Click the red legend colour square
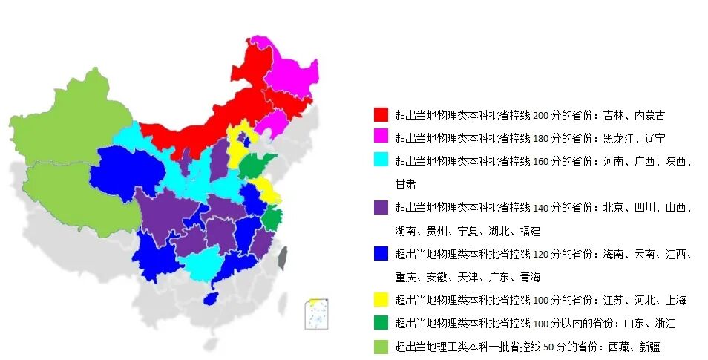(x=381, y=115)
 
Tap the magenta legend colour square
(x=381, y=137)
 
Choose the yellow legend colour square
(x=381, y=300)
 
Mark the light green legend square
(x=381, y=345)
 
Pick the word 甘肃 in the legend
(x=405, y=184)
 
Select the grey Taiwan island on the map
(x=282, y=258)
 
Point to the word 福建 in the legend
(x=530, y=230)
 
